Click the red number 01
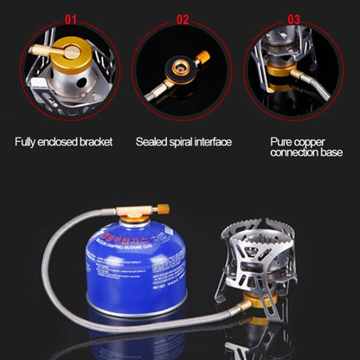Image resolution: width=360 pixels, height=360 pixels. [71, 17]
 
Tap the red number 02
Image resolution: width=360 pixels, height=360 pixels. [183, 17]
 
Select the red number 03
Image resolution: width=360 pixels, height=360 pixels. [294, 17]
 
